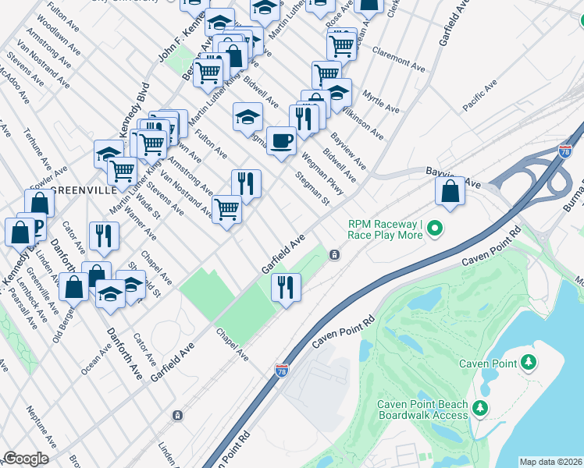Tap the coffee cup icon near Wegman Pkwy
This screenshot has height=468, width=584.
pos(281,140)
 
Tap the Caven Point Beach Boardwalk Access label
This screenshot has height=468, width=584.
pos(422,409)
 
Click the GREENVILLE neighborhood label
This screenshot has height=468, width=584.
pos(78,190)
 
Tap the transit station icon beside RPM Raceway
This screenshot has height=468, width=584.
pos(334,254)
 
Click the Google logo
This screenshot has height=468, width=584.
pos(26,459)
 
